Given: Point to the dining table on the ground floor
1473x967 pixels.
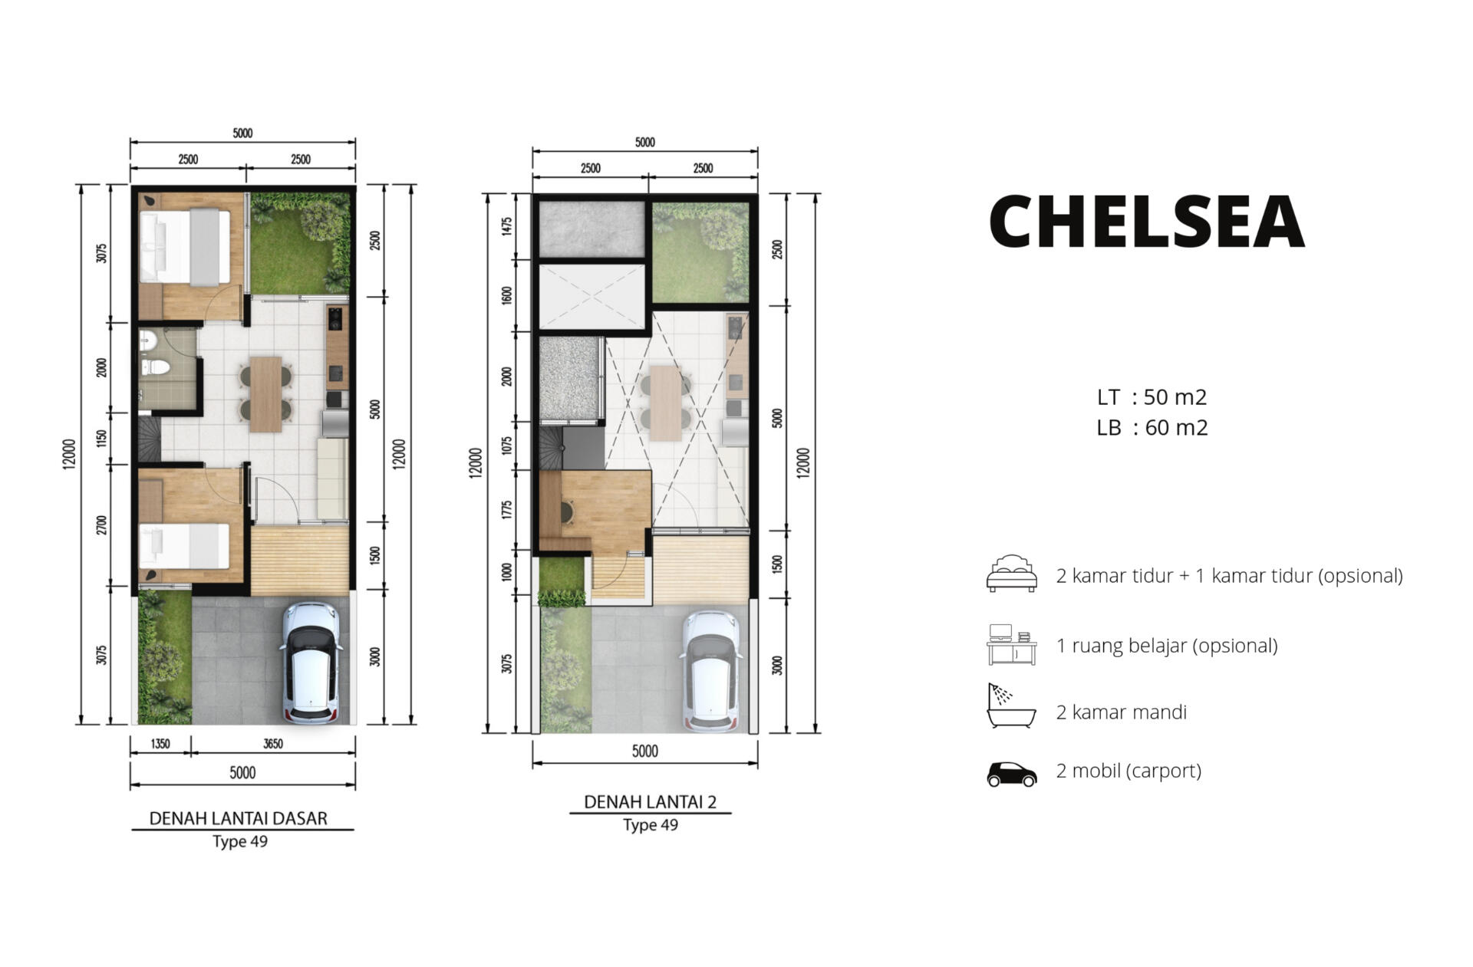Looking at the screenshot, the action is tap(266, 394).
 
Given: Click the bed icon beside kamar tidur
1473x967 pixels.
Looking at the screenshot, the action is tap(1011, 574).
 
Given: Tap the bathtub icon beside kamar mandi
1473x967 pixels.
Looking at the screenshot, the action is tap(1011, 706).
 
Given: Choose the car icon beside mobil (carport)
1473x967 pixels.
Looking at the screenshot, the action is tap(1011, 774).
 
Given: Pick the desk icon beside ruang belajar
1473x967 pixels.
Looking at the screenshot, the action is tap(1011, 644).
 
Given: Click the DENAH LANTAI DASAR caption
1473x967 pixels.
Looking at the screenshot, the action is tap(238, 818).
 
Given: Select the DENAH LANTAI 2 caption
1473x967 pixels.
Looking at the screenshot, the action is tap(650, 802).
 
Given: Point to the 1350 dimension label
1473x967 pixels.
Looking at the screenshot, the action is tap(160, 744).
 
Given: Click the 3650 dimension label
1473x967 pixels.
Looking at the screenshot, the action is tap(273, 744).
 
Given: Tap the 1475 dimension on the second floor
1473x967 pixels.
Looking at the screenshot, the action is tap(506, 226).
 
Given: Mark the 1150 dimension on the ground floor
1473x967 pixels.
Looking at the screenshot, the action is tap(102, 439).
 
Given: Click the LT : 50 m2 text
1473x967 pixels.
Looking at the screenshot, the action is tap(1152, 397).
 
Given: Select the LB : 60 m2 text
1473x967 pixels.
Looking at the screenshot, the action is tap(1152, 427).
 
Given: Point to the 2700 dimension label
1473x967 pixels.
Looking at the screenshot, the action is tap(102, 525).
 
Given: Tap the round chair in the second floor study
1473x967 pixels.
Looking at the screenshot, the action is tap(568, 511).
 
